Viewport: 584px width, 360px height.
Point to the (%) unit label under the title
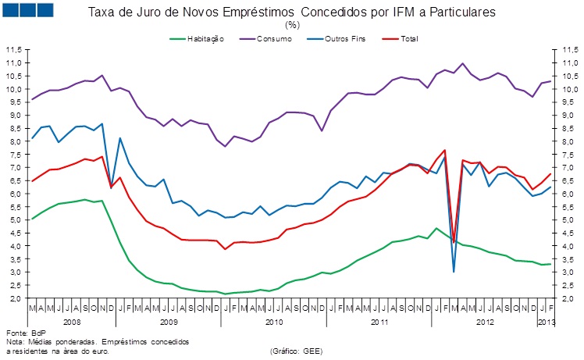(292, 25)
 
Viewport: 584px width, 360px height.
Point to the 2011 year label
(379, 321)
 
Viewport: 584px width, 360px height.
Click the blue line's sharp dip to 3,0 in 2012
(454, 271)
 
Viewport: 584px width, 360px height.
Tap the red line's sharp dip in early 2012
(454, 242)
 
